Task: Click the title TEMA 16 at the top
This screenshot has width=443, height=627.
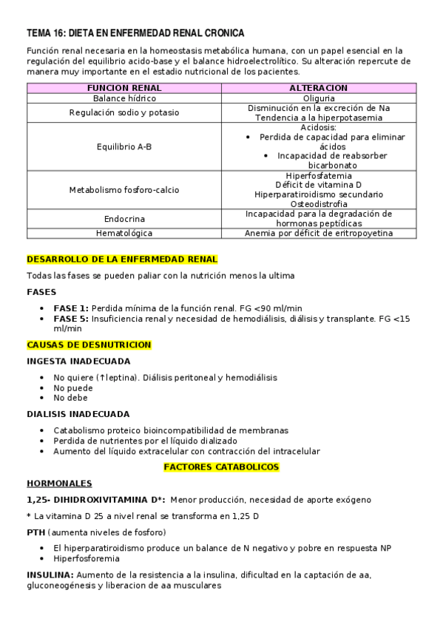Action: [x=135, y=33]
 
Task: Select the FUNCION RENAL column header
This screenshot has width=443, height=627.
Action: [x=124, y=87]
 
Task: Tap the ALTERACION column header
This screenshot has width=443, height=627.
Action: [x=319, y=87]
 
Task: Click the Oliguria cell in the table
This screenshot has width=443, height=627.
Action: [x=319, y=98]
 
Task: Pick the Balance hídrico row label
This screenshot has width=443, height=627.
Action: [x=124, y=98]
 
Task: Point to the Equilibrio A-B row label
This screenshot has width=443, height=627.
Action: [x=124, y=146]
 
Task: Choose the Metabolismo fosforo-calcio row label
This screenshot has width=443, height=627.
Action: [x=124, y=190]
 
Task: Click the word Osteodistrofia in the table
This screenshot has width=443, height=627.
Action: [x=319, y=204]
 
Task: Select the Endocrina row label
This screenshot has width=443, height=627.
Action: [x=124, y=219]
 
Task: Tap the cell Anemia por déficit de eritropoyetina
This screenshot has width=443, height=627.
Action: [x=319, y=233]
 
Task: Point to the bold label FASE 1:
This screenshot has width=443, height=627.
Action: [x=71, y=308]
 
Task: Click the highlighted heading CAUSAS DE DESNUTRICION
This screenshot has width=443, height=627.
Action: [x=89, y=345]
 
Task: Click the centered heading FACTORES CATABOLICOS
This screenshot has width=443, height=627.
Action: [x=221, y=467]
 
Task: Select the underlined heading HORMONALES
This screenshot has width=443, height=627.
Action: [x=59, y=484]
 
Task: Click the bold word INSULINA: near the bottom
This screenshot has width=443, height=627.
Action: [x=50, y=575]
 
